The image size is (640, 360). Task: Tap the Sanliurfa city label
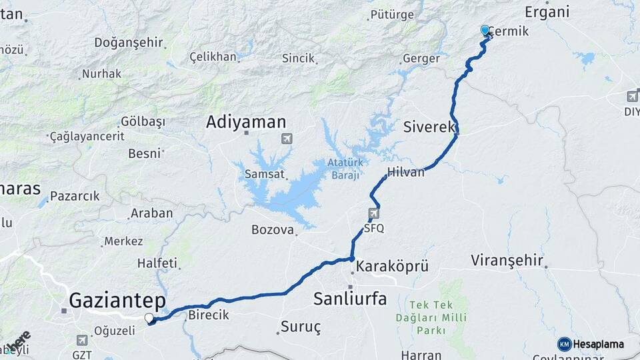350,299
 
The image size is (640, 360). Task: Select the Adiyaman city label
246,122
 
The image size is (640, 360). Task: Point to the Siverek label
429,126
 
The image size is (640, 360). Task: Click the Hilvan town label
406,172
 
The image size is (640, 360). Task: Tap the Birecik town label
209,315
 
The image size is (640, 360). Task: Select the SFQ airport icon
373,214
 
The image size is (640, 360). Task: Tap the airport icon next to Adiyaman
287,139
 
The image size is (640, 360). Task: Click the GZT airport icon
82,340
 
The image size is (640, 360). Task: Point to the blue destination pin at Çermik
485,31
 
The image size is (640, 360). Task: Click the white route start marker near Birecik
149,318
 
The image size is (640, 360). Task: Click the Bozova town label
273,230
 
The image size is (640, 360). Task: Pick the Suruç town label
301,327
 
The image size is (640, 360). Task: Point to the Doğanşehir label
129,42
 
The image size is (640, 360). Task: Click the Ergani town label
547,11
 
